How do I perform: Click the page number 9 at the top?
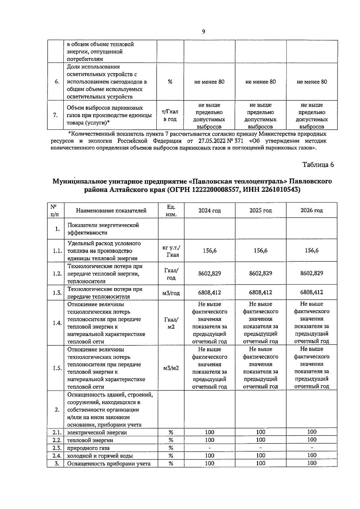[x=204, y=32]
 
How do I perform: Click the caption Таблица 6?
[x=318, y=164]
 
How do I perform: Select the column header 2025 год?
[x=260, y=210]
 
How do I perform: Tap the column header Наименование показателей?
[x=111, y=210]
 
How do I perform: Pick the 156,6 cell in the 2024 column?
[x=209, y=251]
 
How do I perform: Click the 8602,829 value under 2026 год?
[x=311, y=273]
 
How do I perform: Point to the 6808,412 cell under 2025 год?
[x=260, y=292]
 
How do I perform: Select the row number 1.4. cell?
[x=57, y=323]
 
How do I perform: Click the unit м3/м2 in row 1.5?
[x=171, y=368]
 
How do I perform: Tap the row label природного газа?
[x=88, y=448]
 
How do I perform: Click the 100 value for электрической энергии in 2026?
[x=311, y=432]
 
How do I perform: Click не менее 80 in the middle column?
[x=260, y=82]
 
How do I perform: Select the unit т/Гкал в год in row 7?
[x=170, y=116]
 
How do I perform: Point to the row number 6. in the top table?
[x=57, y=82]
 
